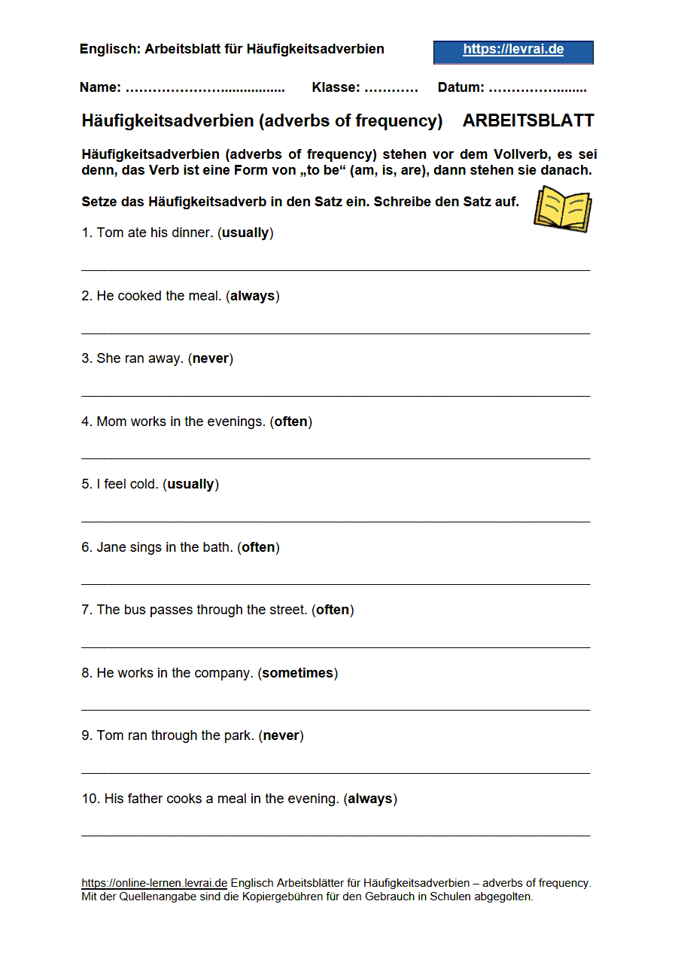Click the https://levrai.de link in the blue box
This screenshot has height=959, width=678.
point(513,50)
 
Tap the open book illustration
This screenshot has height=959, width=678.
point(562,209)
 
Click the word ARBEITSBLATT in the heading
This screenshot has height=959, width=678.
point(528,120)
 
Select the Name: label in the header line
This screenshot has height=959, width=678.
point(100,87)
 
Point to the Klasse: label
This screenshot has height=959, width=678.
point(336,87)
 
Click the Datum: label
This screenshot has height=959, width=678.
point(461,87)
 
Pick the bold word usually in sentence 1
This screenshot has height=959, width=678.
point(245,233)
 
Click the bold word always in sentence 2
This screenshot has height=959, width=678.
point(252,296)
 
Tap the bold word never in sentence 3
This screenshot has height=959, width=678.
point(211,358)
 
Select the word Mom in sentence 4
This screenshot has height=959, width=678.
point(111,422)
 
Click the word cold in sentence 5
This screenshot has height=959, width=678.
point(143,484)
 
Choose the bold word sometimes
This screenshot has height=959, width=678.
point(297,673)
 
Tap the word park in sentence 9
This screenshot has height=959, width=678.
point(238,735)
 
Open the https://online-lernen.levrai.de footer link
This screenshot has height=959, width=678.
point(154,883)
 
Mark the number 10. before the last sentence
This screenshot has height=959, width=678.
point(90,799)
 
